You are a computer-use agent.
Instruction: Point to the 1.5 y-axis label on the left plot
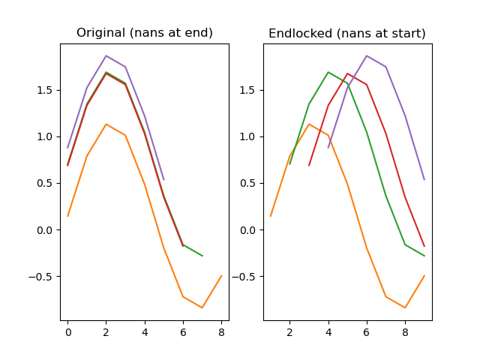point(47,91)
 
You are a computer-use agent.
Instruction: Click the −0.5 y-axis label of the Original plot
point(43,277)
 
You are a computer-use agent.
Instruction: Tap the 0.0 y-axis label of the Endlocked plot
point(250,230)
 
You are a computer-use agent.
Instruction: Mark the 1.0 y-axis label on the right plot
point(250,137)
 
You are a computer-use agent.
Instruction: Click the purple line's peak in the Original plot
point(106,55)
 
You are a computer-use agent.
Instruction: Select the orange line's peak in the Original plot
point(106,124)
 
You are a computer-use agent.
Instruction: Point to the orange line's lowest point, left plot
point(202,307)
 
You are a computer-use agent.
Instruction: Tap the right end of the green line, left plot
point(202,256)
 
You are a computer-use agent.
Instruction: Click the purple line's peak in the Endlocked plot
point(367,55)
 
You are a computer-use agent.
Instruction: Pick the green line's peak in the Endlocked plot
point(328,72)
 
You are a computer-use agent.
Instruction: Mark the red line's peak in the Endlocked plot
point(347,73)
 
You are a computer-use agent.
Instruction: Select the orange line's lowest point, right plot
point(405,307)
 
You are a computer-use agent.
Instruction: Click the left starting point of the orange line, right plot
point(271,216)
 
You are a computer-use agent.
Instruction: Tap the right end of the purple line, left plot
point(164,179)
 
